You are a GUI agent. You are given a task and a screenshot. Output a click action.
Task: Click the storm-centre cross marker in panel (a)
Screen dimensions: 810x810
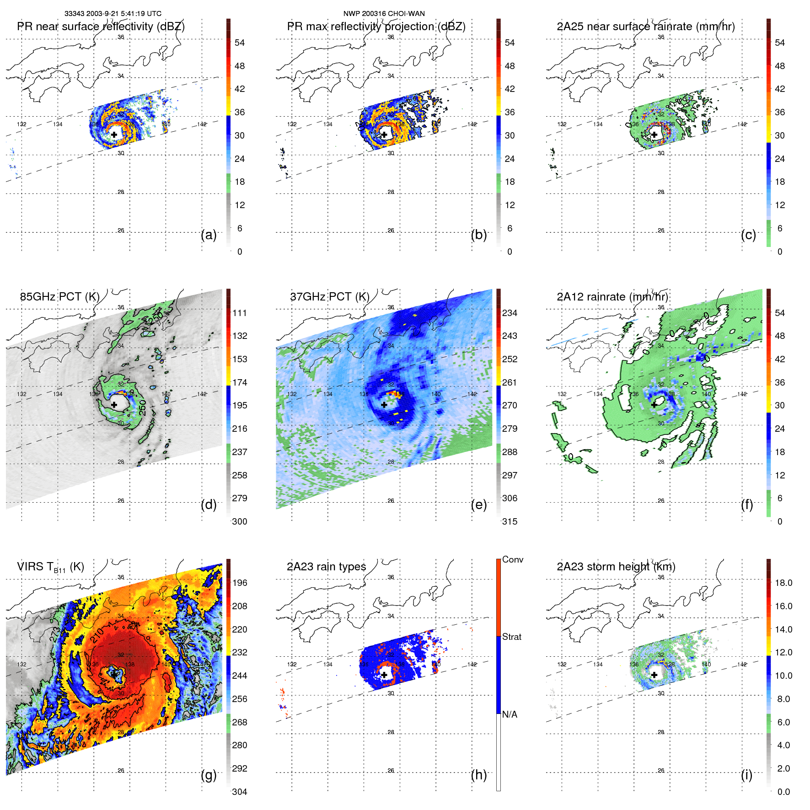[114, 134]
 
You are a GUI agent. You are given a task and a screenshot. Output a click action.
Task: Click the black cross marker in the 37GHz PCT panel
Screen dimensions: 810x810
[384, 405]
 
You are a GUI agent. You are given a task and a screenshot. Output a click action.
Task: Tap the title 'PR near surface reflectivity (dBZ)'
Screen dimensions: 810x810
[101, 27]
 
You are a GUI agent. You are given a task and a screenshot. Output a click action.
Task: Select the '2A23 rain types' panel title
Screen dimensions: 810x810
[326, 567]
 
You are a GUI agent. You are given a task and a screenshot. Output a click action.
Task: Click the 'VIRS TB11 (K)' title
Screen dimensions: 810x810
[50, 567]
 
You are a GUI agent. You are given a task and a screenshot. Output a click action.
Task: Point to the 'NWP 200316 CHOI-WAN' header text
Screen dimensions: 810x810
[384, 14]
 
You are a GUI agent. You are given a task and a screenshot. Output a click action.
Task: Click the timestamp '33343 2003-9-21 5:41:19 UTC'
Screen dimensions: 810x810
[113, 14]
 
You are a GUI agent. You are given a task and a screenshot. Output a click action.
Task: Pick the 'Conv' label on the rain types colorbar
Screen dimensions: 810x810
[512, 559]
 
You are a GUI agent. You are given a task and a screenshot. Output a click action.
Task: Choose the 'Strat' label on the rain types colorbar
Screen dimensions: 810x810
[511, 637]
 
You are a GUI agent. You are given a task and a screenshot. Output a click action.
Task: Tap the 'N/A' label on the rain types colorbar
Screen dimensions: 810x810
[510, 714]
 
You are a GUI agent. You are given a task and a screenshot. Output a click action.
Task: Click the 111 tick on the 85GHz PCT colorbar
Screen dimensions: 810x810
[240, 313]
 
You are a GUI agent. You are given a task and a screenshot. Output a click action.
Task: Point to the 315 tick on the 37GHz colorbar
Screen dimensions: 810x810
[510, 521]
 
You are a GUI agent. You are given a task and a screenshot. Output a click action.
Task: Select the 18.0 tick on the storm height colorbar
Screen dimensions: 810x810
[783, 583]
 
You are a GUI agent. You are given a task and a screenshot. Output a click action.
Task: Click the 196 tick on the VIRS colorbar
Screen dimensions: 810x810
[240, 583]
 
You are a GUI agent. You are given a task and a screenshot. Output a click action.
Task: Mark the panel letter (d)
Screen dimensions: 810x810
[209, 504]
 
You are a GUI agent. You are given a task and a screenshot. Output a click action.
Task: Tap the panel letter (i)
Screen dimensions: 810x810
[746, 775]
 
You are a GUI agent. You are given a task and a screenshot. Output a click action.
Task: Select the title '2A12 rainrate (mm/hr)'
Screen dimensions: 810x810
[612, 297]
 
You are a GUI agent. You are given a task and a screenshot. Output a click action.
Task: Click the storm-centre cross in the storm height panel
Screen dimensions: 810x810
[654, 675]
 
